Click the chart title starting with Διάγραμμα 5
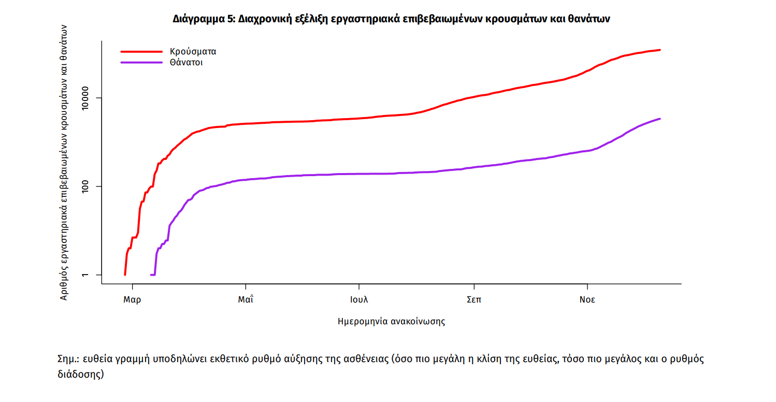coord(392,19)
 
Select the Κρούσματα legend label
coord(193,52)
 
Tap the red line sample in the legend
coord(141,52)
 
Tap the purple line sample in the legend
coord(141,63)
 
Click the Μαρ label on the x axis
coord(132,300)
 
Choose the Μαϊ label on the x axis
coord(246,300)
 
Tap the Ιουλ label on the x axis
coord(358,300)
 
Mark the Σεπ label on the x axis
coord(473,300)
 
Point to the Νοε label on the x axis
coord(587,300)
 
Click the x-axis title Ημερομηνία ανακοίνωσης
coord(391,321)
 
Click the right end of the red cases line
coord(659,50)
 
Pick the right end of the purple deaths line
coord(659,119)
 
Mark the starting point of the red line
coord(125,275)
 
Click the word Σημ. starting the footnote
coord(68,360)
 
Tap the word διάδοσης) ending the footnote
coord(81,374)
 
